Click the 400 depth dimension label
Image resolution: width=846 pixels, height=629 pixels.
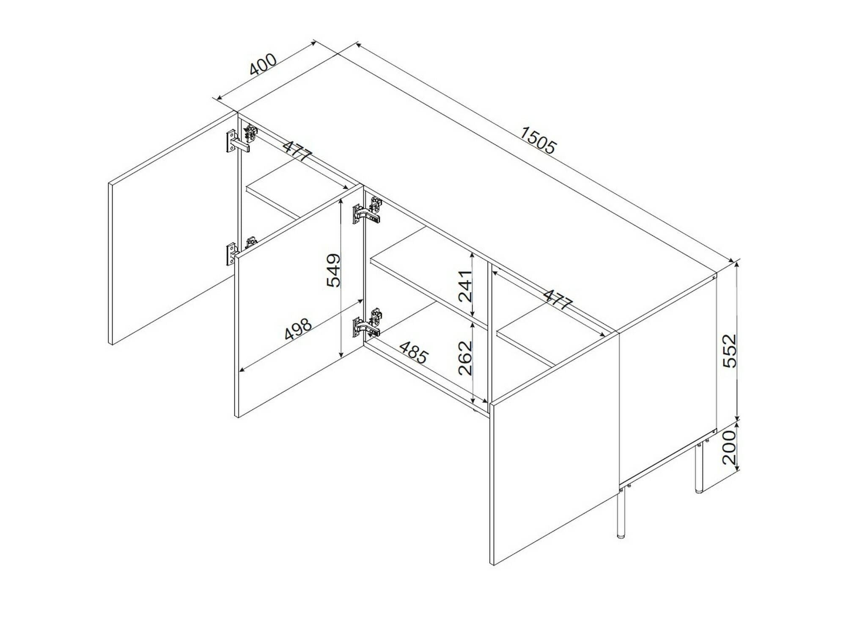(263, 64)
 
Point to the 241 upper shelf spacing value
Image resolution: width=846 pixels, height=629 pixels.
(465, 286)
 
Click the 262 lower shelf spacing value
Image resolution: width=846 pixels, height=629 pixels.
(465, 358)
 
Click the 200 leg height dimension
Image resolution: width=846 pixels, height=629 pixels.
(729, 447)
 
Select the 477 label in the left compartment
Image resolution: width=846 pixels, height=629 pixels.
(297, 151)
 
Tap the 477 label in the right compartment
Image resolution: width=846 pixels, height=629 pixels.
(558, 299)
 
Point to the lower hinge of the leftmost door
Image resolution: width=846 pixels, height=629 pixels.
(237, 252)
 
